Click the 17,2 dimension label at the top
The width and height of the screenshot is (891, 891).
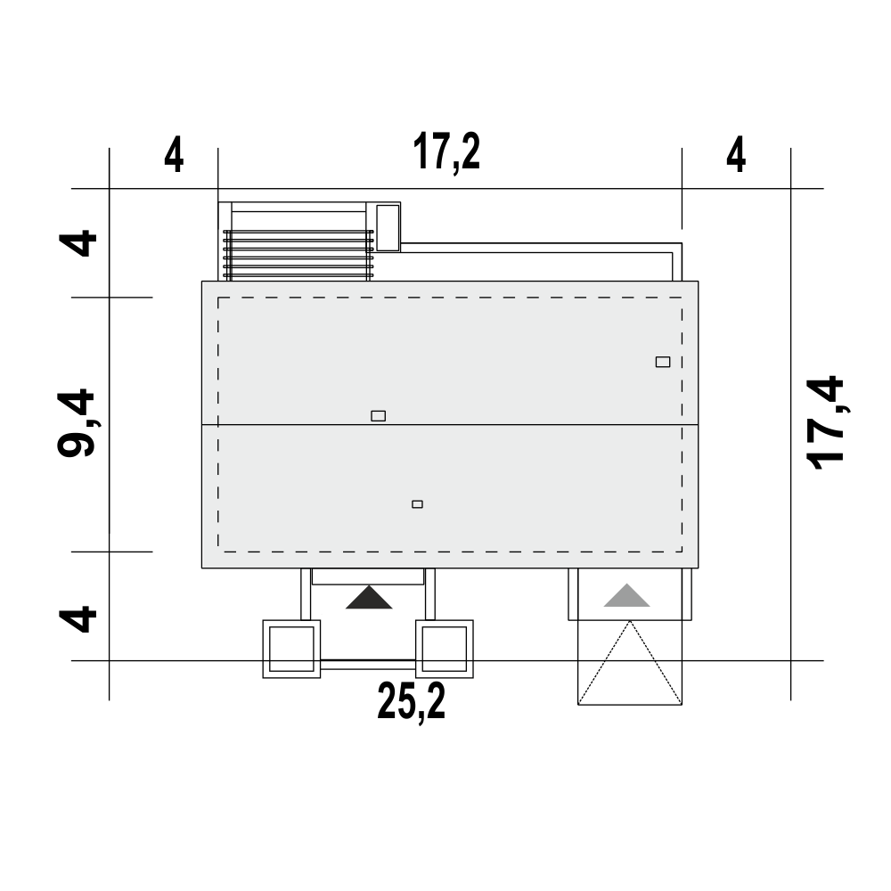(x=446, y=152)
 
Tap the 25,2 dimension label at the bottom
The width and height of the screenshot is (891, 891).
(x=412, y=702)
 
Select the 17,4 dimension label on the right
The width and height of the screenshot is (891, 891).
(x=826, y=422)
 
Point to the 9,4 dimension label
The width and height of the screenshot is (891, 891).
(x=78, y=422)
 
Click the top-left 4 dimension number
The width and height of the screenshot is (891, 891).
(x=174, y=155)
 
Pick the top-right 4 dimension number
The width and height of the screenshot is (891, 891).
(x=736, y=155)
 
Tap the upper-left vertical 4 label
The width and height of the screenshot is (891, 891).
(x=78, y=243)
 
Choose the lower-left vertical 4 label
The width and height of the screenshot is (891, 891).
(x=78, y=619)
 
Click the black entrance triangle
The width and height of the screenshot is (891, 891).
(x=369, y=598)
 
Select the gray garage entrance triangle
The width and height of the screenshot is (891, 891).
(x=626, y=595)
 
